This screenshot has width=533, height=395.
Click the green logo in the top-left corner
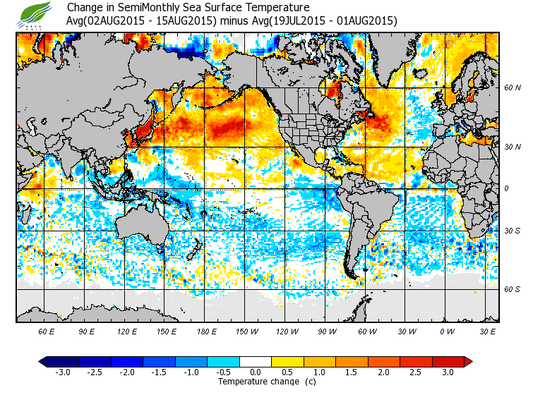point(34,13)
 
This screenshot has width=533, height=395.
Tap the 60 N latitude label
point(512,88)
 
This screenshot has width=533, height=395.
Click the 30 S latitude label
point(512,231)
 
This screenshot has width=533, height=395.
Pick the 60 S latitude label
point(512,289)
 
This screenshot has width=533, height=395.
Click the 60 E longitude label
point(46,331)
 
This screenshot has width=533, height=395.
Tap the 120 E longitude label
point(127,331)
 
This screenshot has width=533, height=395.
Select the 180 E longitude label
point(207,331)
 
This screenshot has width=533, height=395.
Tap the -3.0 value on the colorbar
point(62,372)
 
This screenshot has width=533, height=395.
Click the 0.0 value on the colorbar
point(256,372)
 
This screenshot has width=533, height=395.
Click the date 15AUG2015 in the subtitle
point(181,21)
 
